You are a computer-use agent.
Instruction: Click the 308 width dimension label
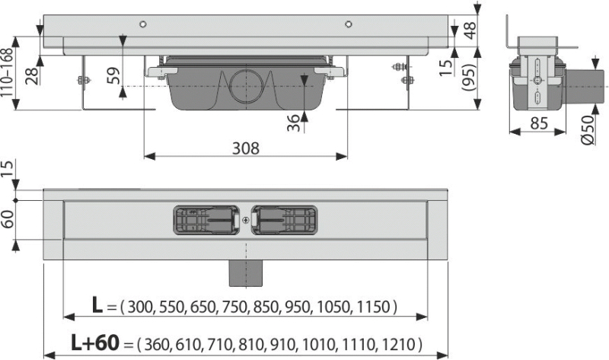(x=245, y=148)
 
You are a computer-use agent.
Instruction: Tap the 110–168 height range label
(x=7, y=72)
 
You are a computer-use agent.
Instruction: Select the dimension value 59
(x=113, y=76)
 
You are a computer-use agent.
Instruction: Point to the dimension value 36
(x=294, y=123)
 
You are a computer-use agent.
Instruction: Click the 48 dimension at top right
(x=470, y=30)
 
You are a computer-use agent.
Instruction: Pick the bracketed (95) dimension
(x=469, y=78)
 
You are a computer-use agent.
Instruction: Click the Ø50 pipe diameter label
(x=588, y=129)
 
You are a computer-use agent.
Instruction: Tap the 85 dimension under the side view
(x=539, y=123)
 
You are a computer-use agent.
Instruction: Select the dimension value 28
(x=33, y=76)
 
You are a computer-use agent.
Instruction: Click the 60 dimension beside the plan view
(x=8, y=219)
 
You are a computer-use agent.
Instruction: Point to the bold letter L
(x=97, y=305)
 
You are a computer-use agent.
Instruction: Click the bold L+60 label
(x=95, y=342)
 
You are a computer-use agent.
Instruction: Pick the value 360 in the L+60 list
(x=158, y=345)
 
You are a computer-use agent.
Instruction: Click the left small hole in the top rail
(x=143, y=24)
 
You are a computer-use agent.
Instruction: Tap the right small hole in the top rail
(x=349, y=24)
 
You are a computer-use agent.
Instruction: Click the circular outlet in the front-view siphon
(x=247, y=86)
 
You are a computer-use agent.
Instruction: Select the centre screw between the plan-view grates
(x=245, y=220)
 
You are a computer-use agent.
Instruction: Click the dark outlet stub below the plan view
(x=245, y=273)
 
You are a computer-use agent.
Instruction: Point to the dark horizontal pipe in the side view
(x=585, y=87)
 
